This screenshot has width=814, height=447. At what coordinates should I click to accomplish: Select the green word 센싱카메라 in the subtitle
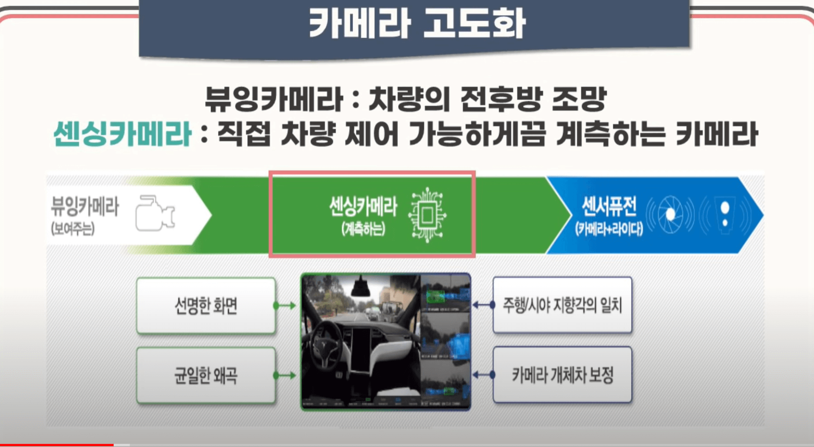point(122,134)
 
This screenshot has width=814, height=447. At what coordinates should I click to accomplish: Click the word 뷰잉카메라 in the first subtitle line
point(274,99)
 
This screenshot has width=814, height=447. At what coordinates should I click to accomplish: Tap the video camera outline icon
point(155,213)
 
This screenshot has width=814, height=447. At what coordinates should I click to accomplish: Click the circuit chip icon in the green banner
point(427,215)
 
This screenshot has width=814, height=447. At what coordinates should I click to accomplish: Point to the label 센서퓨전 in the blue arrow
point(609,206)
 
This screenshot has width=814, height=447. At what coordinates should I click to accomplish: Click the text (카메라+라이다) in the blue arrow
point(609,229)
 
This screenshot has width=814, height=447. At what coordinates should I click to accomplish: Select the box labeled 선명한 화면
point(206,305)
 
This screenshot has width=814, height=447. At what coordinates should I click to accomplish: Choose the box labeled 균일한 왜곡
point(206,376)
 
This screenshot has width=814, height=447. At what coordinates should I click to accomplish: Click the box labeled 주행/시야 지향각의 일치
point(562,305)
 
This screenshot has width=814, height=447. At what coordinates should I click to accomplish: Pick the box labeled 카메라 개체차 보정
point(562,375)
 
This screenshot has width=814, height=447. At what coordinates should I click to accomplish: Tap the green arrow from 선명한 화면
point(285,305)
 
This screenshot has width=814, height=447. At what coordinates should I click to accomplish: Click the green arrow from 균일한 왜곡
point(285,376)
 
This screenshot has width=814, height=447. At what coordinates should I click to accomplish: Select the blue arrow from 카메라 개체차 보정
point(483,375)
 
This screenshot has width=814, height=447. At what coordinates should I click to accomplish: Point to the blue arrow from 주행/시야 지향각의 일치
point(483,305)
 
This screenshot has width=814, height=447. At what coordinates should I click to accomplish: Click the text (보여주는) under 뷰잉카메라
point(73,229)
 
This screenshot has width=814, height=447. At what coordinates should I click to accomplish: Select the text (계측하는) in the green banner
point(363,229)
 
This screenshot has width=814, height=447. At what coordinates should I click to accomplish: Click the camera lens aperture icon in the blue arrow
point(670,215)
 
